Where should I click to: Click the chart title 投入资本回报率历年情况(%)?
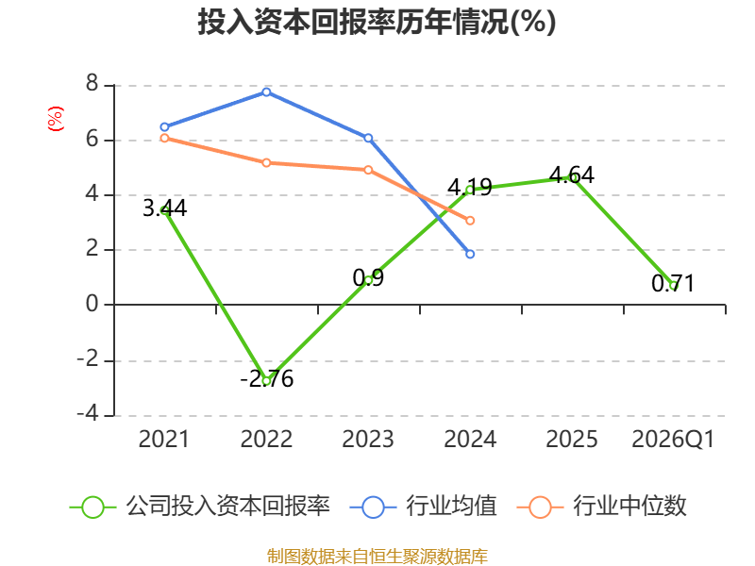tap(377, 22)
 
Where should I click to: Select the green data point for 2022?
tap(266, 381)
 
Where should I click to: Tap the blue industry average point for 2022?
tap(266, 92)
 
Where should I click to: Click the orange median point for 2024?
tap(470, 221)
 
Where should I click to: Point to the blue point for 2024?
tap(470, 254)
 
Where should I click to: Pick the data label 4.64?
tap(572, 175)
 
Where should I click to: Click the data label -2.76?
tap(267, 379)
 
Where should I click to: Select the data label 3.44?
tap(164, 208)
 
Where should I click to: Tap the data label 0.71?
tap(673, 284)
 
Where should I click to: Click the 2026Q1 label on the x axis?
tap(673, 440)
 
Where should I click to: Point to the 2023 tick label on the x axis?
tap(368, 440)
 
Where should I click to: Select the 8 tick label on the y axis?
tap(92, 84)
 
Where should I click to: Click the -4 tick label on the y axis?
tap(88, 413)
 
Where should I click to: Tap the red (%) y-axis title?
tap(56, 119)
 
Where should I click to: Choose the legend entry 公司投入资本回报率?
tap(200, 507)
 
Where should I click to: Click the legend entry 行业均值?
tap(423, 507)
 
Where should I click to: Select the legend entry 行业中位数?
tap(602, 507)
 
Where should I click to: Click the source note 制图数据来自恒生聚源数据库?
tap(377, 557)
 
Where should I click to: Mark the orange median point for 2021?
tap(164, 138)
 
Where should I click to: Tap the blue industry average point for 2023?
tap(368, 138)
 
